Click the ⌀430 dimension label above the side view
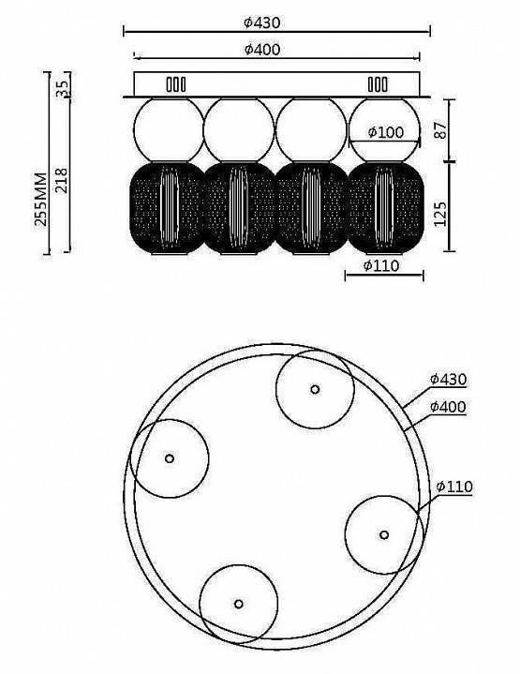(261, 22)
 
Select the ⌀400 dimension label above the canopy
(262, 50)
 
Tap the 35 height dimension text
(63, 89)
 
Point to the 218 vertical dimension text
(62, 181)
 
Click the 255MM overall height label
(41, 199)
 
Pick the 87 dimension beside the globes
(440, 130)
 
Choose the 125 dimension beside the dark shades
(440, 214)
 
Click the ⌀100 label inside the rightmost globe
(386, 132)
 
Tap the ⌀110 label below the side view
(381, 265)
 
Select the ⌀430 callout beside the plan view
(448, 380)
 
